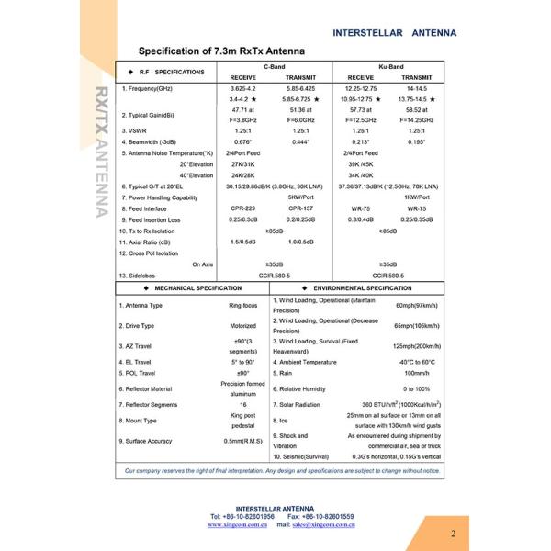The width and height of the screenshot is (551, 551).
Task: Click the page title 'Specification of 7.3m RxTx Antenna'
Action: (220, 51)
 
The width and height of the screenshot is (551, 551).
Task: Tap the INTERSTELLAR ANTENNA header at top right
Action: (393, 32)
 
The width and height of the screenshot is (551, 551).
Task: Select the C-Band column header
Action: (275, 67)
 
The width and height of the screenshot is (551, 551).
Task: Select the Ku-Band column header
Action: (390, 67)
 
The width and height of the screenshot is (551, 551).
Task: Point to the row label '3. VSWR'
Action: (137, 131)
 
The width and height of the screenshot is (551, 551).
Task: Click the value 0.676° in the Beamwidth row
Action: (243, 142)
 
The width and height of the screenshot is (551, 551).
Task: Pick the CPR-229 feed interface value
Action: (243, 208)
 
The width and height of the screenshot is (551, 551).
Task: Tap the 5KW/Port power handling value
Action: (302, 197)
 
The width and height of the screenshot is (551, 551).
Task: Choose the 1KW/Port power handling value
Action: (417, 197)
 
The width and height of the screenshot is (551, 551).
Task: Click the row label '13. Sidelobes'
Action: (138, 275)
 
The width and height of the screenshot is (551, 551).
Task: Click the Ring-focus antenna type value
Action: (243, 305)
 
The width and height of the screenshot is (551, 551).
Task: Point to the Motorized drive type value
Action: (243, 325)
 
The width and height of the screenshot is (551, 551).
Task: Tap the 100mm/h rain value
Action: (417, 373)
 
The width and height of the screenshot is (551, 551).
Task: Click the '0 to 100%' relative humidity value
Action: (417, 388)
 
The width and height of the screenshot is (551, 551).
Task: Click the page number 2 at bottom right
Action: (453, 534)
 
